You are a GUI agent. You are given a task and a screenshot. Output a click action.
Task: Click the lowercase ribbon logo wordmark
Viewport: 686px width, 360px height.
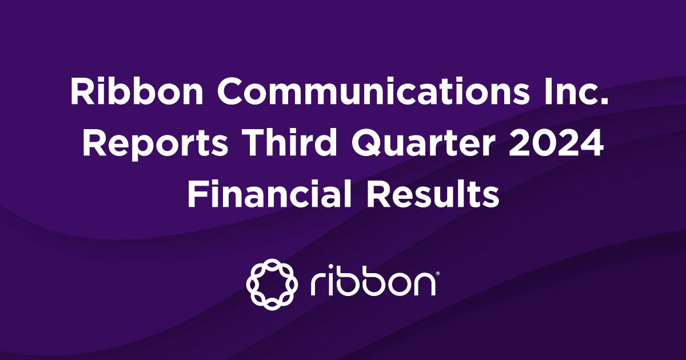[x=372, y=282]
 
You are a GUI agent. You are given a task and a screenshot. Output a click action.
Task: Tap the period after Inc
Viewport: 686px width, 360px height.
[x=611, y=103]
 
